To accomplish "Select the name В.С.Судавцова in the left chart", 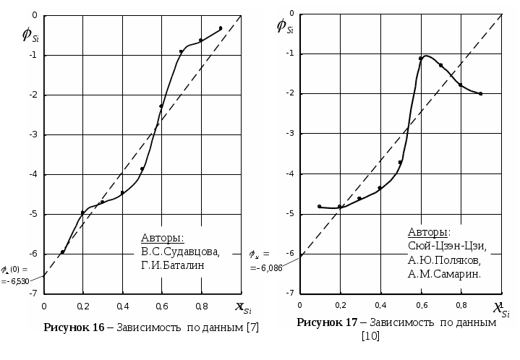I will (180, 252).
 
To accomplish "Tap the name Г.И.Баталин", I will (173, 265).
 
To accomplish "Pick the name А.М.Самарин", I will (444, 274).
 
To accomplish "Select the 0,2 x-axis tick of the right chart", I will (339, 304).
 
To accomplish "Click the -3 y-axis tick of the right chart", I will (289, 134).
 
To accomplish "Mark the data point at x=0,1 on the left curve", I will (63, 252).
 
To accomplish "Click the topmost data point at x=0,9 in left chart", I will (220, 28).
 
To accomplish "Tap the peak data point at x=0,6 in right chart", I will (420, 59).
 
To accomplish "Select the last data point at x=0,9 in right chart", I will (481, 93).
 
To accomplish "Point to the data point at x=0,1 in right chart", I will (319, 207).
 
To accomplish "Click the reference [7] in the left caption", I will (252, 327).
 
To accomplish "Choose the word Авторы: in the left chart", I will (162, 238).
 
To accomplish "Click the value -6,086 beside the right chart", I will (266, 268).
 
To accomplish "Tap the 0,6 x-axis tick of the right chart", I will (420, 304).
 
